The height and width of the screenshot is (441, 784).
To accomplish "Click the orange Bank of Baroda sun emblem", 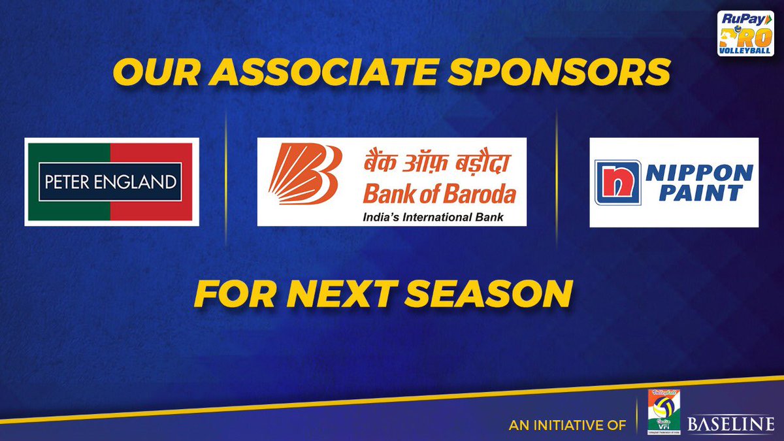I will click(304, 174).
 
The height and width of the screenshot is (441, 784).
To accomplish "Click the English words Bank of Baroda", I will click(439, 194).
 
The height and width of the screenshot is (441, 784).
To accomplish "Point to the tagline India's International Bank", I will click(433, 216).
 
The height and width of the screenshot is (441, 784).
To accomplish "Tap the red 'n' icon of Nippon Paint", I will click(617, 182).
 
